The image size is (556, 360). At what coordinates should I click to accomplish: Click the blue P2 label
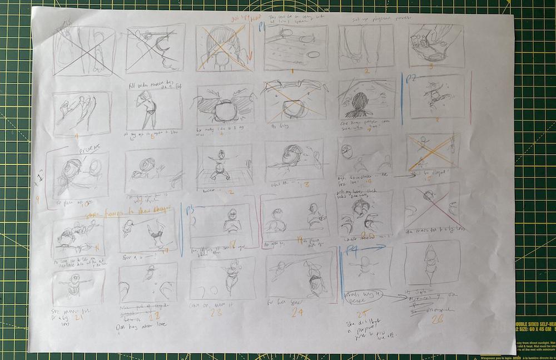(x=411, y=78)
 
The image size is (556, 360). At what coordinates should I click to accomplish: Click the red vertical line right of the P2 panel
(x=470, y=97)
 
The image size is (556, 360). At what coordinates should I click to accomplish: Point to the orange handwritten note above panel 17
(x=129, y=214)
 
